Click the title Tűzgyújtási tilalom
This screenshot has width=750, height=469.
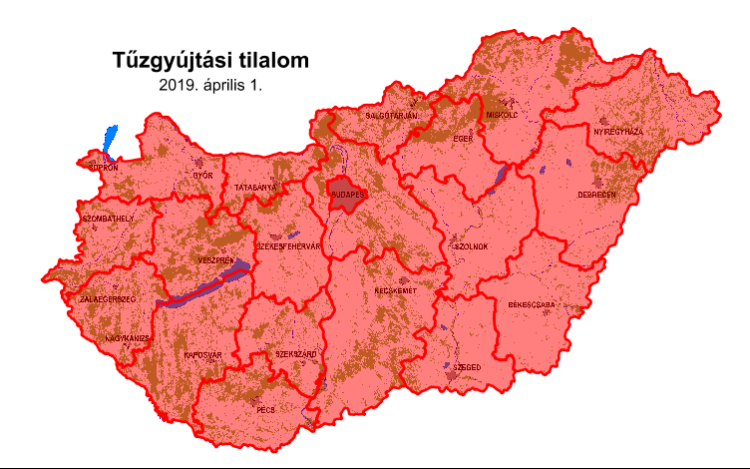tap(210, 61)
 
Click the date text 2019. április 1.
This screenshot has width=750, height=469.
tap(210, 85)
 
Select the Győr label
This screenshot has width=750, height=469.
tap(203, 175)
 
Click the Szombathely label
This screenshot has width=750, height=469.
tap(109, 217)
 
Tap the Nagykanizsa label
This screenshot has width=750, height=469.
tap(127, 338)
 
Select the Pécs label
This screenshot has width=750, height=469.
tap(266, 410)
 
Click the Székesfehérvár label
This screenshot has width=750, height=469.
tap(288, 246)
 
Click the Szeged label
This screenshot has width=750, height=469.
tap(467, 367)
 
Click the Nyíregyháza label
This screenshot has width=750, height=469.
tap(619, 131)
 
